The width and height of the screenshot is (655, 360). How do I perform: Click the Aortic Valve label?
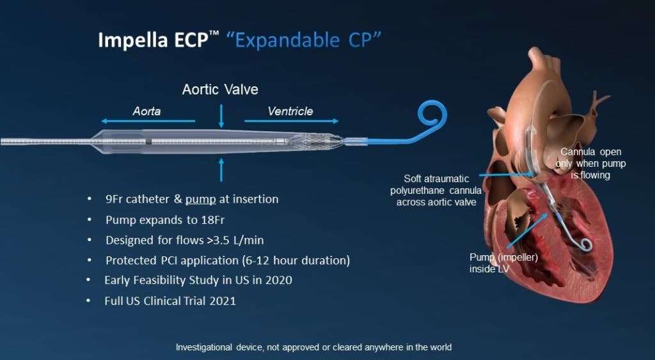click(220, 90)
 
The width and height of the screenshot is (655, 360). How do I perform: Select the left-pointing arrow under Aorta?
click(148, 121)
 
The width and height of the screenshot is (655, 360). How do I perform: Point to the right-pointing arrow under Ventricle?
click(292, 121)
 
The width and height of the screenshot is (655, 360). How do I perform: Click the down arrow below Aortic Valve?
click(221, 116)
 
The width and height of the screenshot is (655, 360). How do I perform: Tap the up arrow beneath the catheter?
click(221, 169)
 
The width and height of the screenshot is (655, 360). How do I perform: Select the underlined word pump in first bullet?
click(200, 200)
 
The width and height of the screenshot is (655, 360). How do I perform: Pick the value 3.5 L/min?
click(241, 240)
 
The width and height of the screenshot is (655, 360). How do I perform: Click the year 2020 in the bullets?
click(279, 280)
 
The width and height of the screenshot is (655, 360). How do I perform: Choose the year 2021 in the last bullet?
click(223, 301)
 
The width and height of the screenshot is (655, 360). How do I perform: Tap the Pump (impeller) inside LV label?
click(503, 263)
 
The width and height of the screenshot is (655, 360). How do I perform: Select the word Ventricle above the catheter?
click(290, 111)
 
